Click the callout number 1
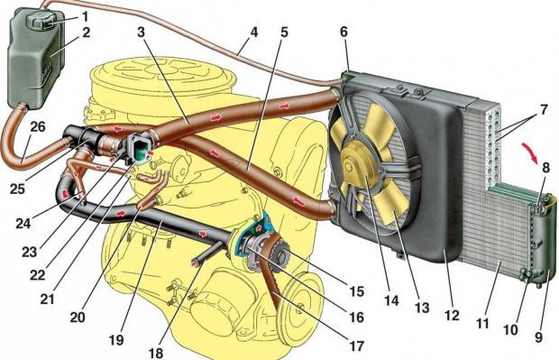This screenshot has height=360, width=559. [85, 16]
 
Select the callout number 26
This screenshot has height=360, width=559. [38, 126]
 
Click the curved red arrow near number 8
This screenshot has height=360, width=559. [530, 152]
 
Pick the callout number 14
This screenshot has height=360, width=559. [391, 300]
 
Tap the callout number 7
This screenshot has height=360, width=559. [543, 109]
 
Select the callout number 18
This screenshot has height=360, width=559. [155, 353]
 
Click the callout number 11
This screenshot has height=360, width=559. [482, 324]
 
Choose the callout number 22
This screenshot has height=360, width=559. [37, 274]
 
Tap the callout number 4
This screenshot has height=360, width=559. [253, 32]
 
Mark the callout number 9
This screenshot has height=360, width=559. [538, 337]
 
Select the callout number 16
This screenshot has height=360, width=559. [356, 318]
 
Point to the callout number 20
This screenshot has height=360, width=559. [78, 317]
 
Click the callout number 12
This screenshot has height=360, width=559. [452, 315]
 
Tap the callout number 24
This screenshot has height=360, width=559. [23, 224]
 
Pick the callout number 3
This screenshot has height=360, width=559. [142, 32]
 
